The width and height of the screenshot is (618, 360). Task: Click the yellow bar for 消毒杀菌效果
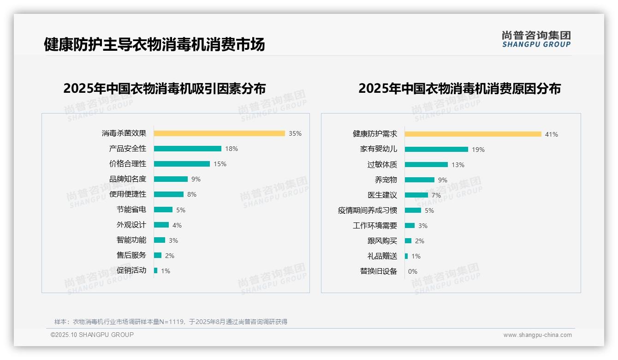click(x=219, y=133)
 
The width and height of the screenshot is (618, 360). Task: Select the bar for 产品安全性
click(x=187, y=149)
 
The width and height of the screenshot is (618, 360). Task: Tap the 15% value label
click(x=220, y=164)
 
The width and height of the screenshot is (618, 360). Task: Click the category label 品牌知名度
click(x=128, y=179)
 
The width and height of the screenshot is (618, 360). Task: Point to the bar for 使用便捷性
click(x=169, y=194)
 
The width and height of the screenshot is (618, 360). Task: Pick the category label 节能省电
click(x=131, y=210)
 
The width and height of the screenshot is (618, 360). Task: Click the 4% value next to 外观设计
click(x=177, y=225)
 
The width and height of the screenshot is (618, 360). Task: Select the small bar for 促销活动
click(x=156, y=270)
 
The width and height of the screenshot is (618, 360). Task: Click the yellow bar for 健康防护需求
click(x=473, y=134)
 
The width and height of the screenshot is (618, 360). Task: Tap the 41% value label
click(x=552, y=134)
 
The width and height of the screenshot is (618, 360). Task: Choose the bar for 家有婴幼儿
click(x=436, y=150)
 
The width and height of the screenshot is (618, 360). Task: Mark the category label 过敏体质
click(x=382, y=165)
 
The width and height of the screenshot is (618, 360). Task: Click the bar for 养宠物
click(x=420, y=180)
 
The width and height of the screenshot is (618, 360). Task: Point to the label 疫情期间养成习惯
click(x=368, y=210)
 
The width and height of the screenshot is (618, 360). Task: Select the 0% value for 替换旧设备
click(x=413, y=271)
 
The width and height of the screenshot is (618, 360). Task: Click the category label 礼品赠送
click(x=382, y=256)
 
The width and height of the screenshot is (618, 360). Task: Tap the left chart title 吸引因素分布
click(x=165, y=88)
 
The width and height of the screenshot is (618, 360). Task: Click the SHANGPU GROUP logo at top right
click(x=536, y=39)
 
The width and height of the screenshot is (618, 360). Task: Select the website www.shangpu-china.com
click(x=537, y=335)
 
